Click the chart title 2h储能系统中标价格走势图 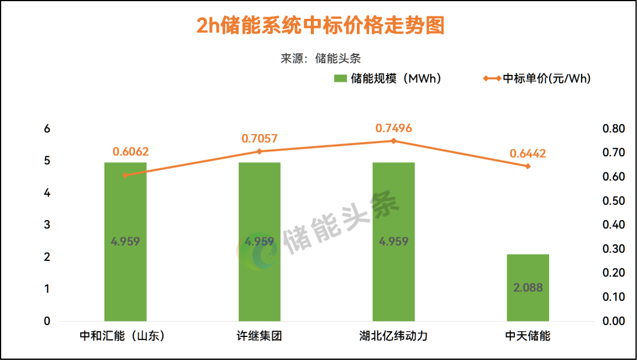click(x=319, y=26)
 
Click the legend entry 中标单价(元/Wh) click(x=537, y=78)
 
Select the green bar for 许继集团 click(x=260, y=201)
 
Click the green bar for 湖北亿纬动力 click(x=393, y=201)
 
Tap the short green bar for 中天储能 click(x=528, y=271)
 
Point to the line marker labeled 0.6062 click(x=125, y=175)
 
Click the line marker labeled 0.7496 click(x=393, y=141)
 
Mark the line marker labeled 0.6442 click(x=528, y=166)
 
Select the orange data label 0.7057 click(x=260, y=139)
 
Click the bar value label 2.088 click(x=528, y=288)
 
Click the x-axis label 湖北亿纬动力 click(x=393, y=336)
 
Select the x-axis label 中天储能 click(x=528, y=336)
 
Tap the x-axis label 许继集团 click(x=260, y=336)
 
